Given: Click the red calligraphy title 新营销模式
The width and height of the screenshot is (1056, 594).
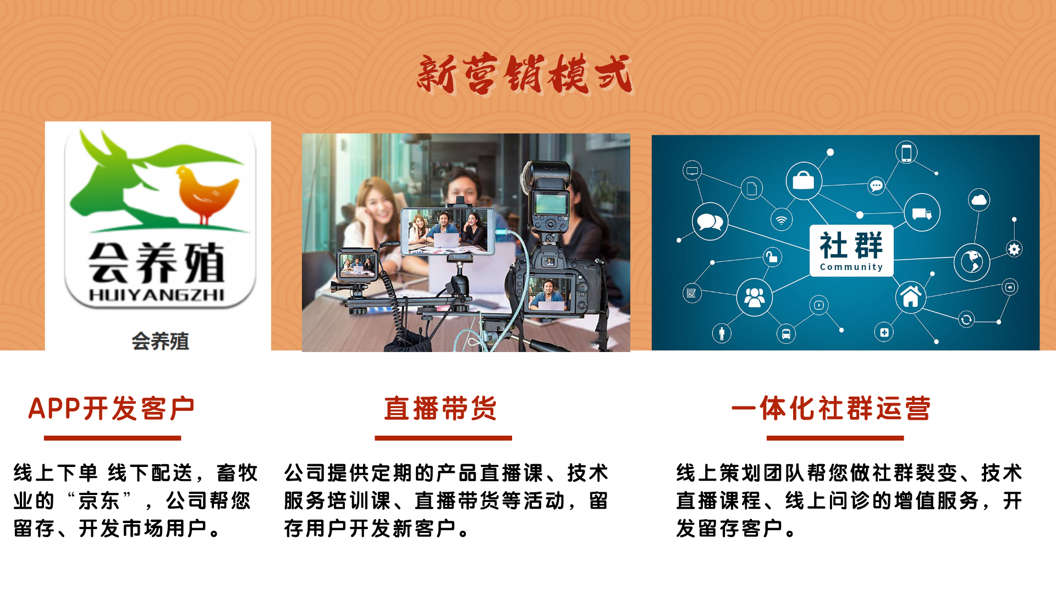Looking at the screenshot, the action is point(525,74).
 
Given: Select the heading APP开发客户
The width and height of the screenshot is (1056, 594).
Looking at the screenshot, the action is point(112,409).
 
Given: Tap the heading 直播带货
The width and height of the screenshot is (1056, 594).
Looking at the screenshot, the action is point(441,409).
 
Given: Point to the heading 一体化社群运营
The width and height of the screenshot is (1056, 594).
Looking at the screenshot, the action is point(831,409).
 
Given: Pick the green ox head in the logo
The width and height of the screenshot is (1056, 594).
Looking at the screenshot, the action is point(110,176).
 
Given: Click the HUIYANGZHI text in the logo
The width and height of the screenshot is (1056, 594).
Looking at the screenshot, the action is point(157,295).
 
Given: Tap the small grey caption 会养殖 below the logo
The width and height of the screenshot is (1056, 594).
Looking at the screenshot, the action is point(160,342).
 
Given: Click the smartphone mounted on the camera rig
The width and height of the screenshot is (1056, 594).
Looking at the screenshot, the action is point(447,231).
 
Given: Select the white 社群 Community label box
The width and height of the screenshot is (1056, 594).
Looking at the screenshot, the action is point(851,250).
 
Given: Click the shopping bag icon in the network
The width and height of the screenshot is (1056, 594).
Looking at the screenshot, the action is point(804,180).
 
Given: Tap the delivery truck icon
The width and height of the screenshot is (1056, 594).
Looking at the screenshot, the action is point(922,213).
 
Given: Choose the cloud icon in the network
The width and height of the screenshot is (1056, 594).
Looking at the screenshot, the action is point(979,200).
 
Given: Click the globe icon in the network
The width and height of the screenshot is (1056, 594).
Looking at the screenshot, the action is point(972,262).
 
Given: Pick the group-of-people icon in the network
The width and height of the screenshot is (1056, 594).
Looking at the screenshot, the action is point(754,298).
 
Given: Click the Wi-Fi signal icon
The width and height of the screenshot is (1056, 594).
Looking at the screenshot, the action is point(782,221).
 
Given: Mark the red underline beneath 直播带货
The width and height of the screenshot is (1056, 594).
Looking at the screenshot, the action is point(443,438).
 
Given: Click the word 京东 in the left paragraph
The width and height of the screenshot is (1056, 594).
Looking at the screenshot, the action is point(99,501).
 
